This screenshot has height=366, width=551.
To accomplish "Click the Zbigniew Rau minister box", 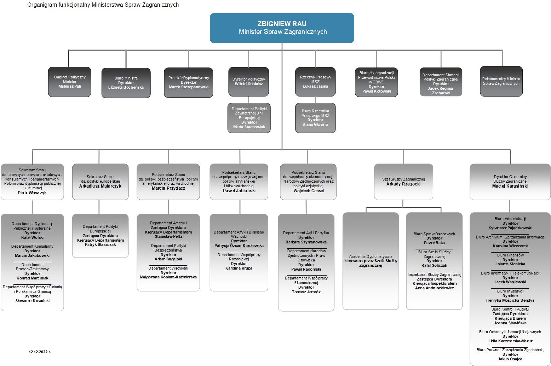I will click(282, 28).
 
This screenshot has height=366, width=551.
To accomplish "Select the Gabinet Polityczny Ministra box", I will click(70, 82).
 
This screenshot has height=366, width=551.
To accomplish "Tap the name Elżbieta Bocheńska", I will click(126, 87).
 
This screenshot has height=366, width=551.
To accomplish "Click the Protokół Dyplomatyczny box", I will click(189, 82).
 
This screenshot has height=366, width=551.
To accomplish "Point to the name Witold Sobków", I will click(249, 84).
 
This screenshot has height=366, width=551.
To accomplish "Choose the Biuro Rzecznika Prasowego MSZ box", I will click(315, 118).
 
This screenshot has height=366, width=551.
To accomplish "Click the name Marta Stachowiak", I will click(249, 127).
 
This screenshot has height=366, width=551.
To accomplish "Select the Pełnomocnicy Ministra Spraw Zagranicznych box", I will click(501, 81).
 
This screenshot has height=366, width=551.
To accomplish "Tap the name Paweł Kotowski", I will click(377, 91).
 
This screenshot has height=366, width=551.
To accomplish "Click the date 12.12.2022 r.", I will click(40, 352).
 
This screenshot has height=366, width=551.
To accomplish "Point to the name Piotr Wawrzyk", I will click(32, 193).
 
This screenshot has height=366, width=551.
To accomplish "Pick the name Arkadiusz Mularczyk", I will click(100, 186).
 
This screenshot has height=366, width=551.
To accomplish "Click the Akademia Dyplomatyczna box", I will click(371, 261).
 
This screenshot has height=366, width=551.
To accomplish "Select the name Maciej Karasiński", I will click(510, 186).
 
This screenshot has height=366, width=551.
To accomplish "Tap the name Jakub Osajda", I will click(510, 359).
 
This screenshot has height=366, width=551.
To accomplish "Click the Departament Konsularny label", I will click(32, 246).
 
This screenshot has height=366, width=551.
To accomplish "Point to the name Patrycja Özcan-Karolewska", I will click(239, 246).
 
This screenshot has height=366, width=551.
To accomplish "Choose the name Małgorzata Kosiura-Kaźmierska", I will click(168, 277).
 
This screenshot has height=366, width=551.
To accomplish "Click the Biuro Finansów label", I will click(510, 255).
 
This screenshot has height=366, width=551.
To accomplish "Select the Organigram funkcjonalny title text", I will click(103, 5).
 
